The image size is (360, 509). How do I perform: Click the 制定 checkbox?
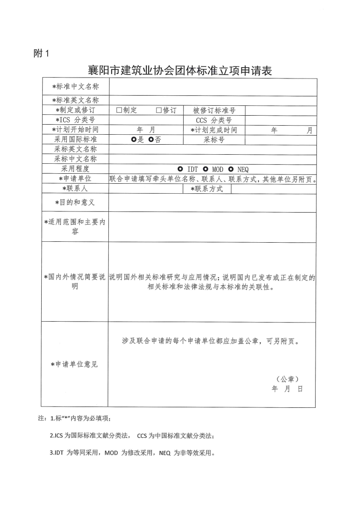pos(119,110)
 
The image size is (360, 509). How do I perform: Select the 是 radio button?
pos(134,140)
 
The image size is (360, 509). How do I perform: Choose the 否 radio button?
pos(151,140)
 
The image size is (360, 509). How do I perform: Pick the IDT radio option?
pos(180,169)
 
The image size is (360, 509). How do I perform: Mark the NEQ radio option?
pos(231,169)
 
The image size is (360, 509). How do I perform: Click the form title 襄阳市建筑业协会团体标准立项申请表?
pos(180,71)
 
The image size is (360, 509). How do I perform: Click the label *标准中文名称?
pos(75,86)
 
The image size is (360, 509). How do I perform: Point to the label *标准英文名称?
pos(75,100)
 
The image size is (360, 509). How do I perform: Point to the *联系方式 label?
pos(207,189)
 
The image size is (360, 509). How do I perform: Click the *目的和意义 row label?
pos(75,202)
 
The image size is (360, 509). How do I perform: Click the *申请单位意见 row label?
pos(75,364)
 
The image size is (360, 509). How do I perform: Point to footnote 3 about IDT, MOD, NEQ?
pos(131,452)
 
